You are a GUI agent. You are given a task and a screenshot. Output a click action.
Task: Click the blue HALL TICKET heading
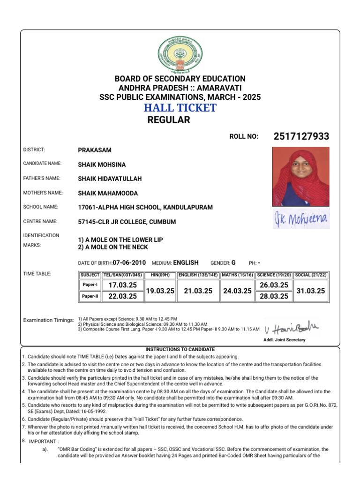coord(180,108)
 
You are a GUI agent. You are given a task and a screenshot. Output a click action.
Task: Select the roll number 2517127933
coord(301,136)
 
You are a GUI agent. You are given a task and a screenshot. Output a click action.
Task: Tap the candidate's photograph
coord(300,176)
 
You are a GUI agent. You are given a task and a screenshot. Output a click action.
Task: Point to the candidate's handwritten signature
coord(301,219)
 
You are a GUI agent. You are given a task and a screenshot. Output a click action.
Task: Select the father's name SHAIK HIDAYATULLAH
coord(110,179)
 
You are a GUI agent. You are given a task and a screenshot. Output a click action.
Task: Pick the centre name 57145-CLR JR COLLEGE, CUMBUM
coord(127,221)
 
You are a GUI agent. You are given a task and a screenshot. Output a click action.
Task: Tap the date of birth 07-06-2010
coord(129,262)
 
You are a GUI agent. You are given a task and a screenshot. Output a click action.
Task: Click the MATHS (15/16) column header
coord(238,274)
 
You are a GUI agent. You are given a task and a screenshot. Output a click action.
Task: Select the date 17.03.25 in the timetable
coord(122,285)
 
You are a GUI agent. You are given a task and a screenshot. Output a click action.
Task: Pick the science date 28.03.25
coord(274,296)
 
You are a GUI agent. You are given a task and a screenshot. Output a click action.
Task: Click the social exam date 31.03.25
coord(311,291)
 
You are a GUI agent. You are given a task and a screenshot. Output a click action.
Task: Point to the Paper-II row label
coord(90,296)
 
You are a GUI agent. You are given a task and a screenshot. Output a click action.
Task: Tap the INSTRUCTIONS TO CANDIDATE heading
coord(180,349)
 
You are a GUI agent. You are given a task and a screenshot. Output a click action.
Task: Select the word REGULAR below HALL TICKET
coord(169,120)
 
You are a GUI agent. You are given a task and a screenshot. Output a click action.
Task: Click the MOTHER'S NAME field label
coord(43,193)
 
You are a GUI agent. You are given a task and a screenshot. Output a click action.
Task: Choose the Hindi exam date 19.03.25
coord(160,291)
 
